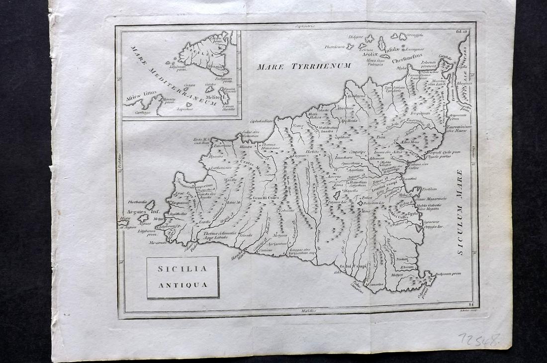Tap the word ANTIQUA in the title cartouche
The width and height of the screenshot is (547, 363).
pyautogui.click(x=182, y=285)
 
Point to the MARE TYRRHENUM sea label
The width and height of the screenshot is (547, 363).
pyautogui.click(x=304, y=66)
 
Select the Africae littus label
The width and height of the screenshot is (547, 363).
pyautogui.click(x=141, y=92)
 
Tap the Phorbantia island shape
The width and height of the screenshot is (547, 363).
pyautogui.click(x=150, y=205)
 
